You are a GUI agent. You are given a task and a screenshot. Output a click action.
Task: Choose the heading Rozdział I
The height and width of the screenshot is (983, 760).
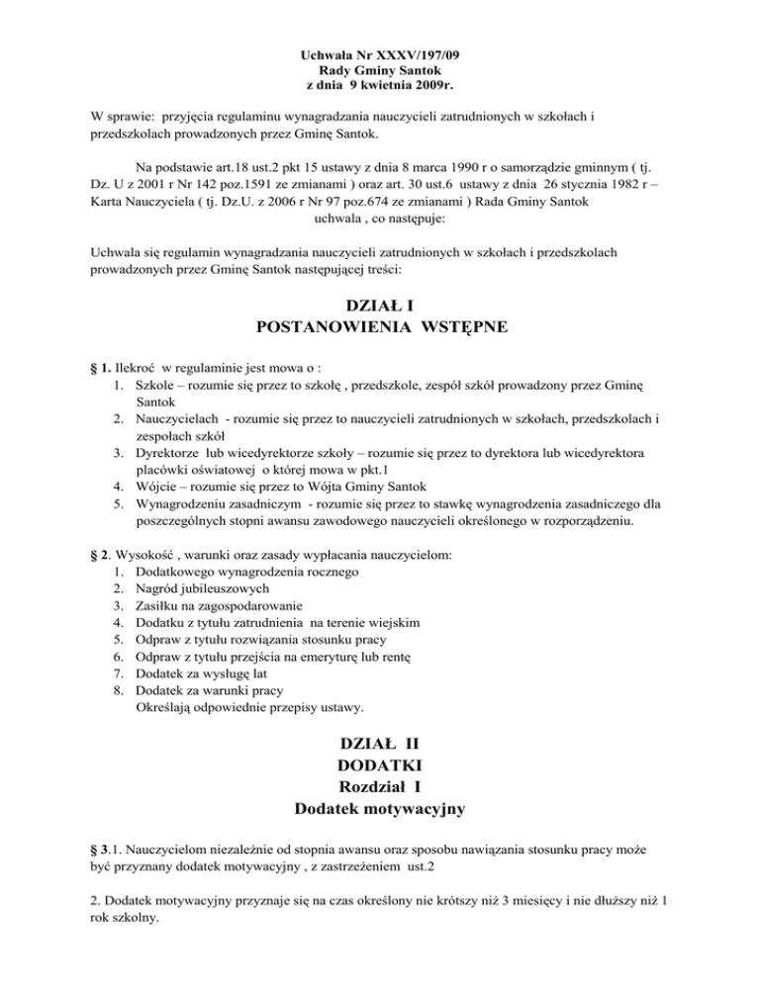(381, 787)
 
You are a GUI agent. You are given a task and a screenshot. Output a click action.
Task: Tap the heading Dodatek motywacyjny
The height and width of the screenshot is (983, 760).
(381, 810)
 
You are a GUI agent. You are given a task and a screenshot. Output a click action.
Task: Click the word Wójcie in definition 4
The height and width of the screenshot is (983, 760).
(156, 485)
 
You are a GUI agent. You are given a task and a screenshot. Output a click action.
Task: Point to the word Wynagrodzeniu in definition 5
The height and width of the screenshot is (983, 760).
(184, 501)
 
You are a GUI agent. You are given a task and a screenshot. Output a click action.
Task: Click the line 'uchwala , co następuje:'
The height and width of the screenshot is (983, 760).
(379, 243)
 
